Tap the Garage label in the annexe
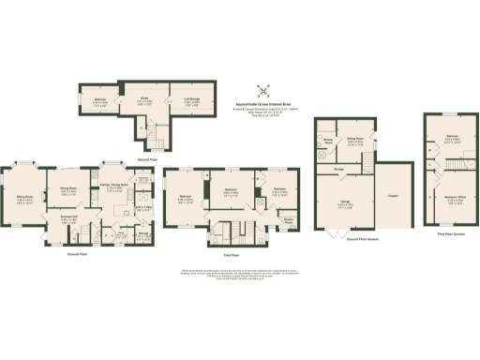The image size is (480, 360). (345, 203)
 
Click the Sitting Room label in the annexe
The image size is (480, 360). (356, 143)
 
